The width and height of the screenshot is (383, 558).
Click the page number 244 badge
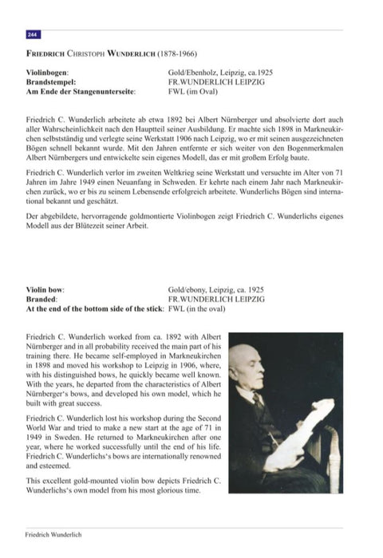coord(33,35)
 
